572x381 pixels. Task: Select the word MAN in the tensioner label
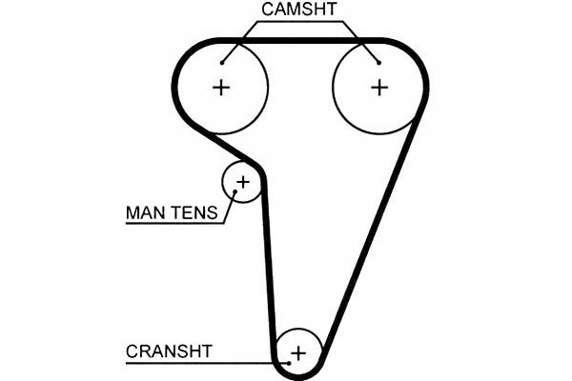pos(144,212)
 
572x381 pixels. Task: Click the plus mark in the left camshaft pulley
pos(221,88)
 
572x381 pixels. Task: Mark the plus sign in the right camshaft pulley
pos(379,88)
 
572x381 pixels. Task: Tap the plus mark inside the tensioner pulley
pos(242,181)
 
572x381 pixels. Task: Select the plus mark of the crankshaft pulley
pos(298,353)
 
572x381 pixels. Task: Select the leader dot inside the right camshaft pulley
pos(379,62)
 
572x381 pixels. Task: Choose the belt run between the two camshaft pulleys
pos(300,41)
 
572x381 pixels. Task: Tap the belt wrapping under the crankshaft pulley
pos(298,374)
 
